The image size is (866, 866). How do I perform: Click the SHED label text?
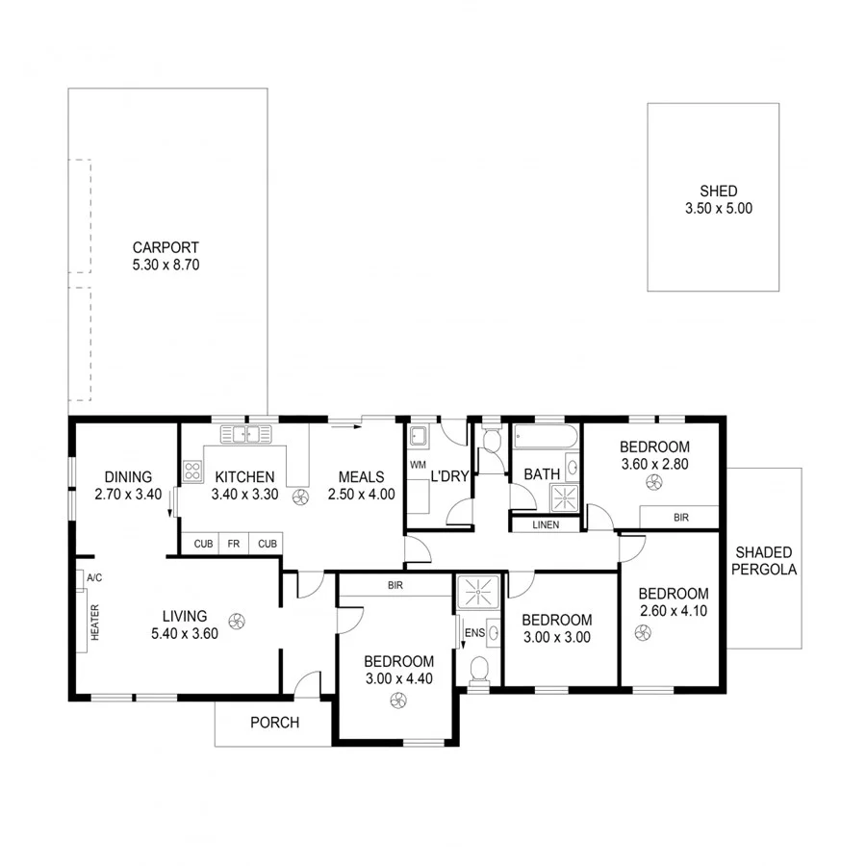tap(712, 191)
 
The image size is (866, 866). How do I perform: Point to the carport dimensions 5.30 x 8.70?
tap(166, 264)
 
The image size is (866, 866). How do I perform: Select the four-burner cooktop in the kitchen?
tap(192, 471)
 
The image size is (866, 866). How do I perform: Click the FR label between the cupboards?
tap(233, 544)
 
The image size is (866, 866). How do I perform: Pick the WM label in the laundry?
tap(418, 465)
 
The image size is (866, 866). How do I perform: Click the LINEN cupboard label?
tap(545, 524)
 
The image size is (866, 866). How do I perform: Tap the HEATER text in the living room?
tap(94, 623)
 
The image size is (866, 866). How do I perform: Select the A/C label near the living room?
tap(94, 577)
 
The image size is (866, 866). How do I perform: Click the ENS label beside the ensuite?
tap(473, 632)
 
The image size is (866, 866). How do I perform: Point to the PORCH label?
tap(274, 723)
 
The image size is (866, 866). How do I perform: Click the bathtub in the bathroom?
tap(545, 438)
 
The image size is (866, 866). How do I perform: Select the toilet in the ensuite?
tap(478, 670)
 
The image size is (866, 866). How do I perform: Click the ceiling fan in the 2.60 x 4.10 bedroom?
tap(643, 631)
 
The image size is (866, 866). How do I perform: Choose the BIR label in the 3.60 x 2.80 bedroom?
tap(680, 518)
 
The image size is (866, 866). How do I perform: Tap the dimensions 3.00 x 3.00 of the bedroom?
tap(556, 636)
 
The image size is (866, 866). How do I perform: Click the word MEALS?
tap(361, 477)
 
